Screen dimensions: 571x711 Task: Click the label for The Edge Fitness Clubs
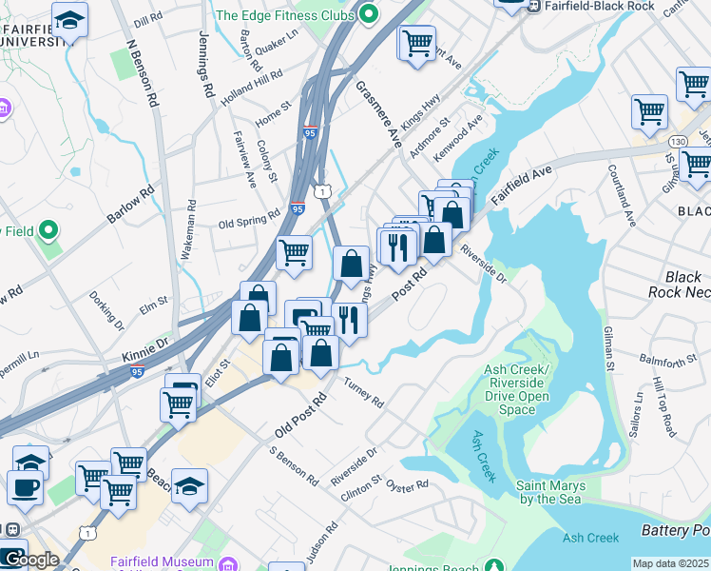285,14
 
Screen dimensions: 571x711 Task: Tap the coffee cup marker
26,487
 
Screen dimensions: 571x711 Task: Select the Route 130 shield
677,141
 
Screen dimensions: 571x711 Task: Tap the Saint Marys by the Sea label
550,492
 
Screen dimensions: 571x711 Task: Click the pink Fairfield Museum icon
227,564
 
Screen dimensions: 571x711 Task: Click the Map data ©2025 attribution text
670,563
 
